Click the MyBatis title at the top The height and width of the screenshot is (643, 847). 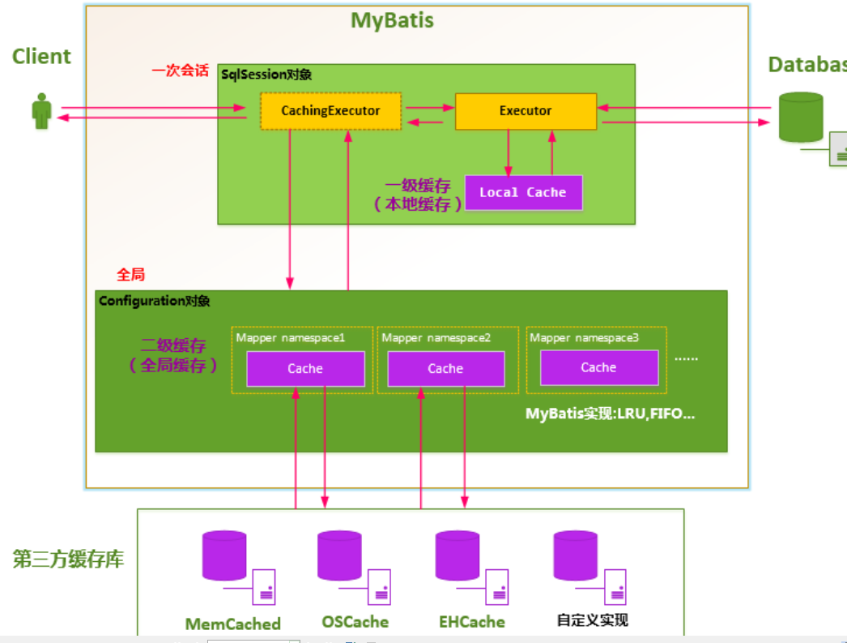(x=392, y=20)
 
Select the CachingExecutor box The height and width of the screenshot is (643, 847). (x=330, y=111)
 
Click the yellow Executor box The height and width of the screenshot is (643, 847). (x=526, y=111)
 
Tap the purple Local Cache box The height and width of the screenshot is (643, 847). (x=523, y=192)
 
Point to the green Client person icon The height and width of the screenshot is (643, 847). (x=41, y=111)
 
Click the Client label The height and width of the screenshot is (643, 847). (x=41, y=57)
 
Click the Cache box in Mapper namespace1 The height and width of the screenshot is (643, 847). (x=305, y=369)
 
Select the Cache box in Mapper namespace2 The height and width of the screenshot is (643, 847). (x=445, y=369)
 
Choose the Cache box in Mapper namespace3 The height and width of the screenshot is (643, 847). (x=598, y=368)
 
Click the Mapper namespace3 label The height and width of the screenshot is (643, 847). (x=583, y=337)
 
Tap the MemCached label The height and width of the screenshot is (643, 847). (x=232, y=624)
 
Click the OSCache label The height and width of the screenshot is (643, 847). (x=355, y=622)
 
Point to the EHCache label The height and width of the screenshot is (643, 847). (x=472, y=622)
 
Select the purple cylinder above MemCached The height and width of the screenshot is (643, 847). (x=224, y=555)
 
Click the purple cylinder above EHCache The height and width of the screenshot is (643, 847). (x=458, y=555)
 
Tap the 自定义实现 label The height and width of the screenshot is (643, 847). (x=592, y=620)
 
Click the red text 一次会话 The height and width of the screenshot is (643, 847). (x=180, y=71)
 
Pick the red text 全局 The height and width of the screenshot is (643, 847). (x=131, y=275)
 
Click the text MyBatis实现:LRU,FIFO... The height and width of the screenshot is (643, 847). (x=611, y=414)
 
